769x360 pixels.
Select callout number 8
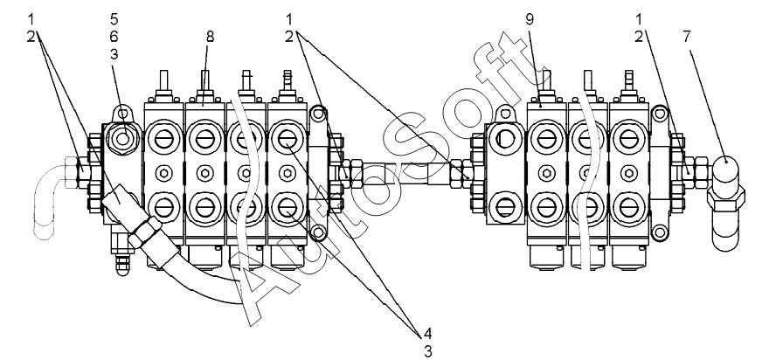pos(210,37)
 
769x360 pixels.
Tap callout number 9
pos(530,19)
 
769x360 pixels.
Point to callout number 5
pos(114,19)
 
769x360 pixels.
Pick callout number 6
pos(114,37)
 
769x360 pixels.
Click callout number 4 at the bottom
pos(427,334)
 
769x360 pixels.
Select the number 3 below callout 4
pos(427,351)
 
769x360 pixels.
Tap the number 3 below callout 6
pos(114,54)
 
